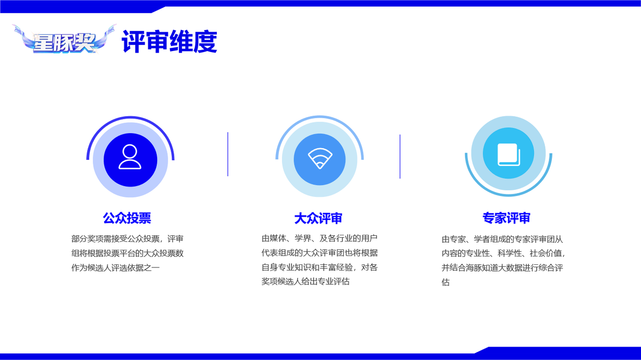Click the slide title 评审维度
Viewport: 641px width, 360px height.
coord(169,42)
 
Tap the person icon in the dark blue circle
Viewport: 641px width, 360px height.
coord(130,157)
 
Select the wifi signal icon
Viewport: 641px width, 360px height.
coord(320,158)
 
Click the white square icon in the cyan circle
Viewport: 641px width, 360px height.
coord(509,155)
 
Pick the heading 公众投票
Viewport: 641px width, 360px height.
coord(127,218)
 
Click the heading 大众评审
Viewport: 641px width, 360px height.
coord(318,218)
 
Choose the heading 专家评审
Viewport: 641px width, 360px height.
coord(506,218)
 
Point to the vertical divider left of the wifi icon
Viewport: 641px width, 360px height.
coord(228,154)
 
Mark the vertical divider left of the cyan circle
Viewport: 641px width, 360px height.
coord(400,157)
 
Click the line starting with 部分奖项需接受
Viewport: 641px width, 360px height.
coord(127,239)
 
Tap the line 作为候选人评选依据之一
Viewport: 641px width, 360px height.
coord(115,268)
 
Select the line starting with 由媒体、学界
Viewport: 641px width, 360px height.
coord(319,238)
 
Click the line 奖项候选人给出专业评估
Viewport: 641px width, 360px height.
coord(305,281)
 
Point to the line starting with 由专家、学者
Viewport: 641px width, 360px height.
coord(502,239)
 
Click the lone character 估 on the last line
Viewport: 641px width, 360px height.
coord(446,282)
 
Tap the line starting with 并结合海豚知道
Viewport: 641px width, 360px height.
coord(502,268)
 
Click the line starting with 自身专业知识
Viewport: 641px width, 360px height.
coord(319,267)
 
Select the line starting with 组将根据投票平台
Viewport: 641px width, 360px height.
coord(127,253)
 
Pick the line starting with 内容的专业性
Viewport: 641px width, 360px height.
coord(504,253)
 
